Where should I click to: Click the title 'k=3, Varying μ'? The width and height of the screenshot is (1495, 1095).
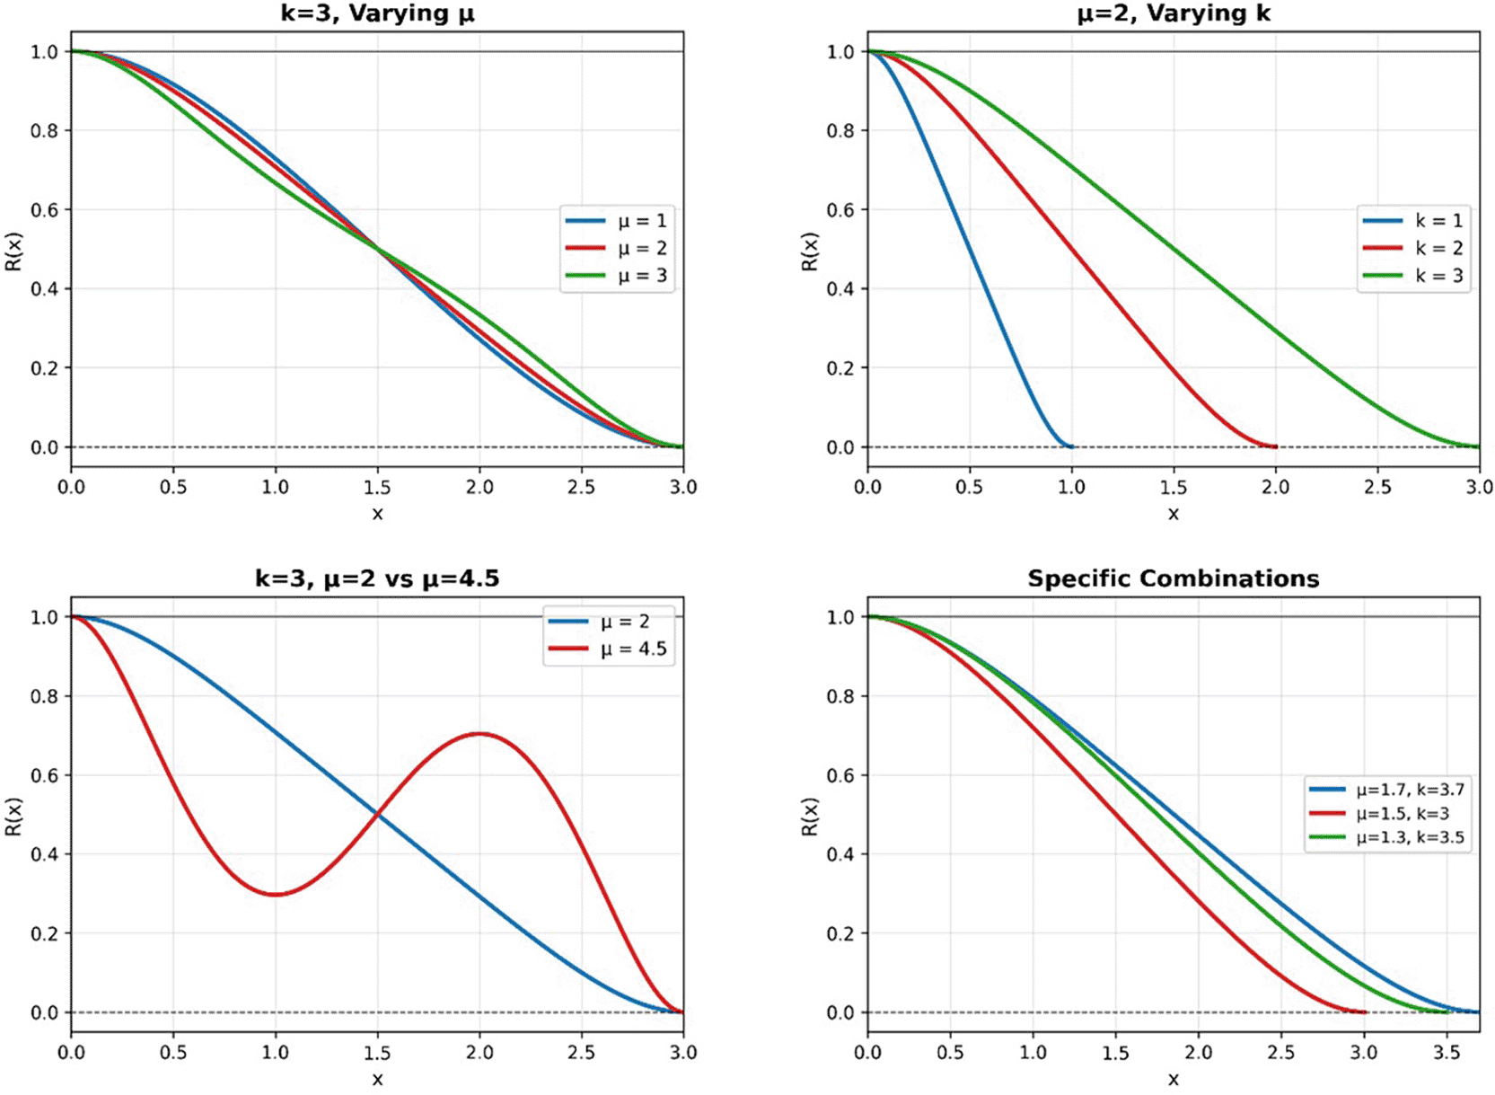[x=377, y=13]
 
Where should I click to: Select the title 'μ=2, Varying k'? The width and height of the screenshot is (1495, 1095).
[x=1174, y=13]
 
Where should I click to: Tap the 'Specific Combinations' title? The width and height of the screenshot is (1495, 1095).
[x=1174, y=578]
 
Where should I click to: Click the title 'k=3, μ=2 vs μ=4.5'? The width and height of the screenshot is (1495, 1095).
[x=377, y=578]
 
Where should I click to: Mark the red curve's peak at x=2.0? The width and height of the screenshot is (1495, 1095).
[x=479, y=734]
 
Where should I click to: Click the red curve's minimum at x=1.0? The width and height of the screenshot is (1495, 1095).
[x=276, y=894]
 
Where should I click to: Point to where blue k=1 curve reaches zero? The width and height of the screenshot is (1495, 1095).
[x=1070, y=446]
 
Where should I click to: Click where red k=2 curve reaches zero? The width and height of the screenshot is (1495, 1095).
[x=1274, y=446]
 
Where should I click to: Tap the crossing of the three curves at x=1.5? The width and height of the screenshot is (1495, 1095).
[x=377, y=250]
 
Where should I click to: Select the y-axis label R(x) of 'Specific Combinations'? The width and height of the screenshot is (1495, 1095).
[x=810, y=815]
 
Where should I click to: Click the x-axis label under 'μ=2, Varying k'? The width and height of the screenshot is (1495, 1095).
[x=1174, y=514]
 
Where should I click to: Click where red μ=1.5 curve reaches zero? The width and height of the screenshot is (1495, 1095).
[x=1363, y=1011]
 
